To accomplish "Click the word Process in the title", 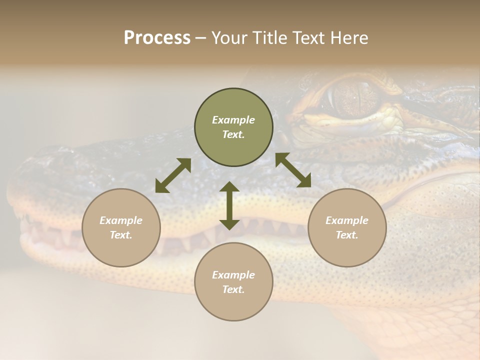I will (x=157, y=38).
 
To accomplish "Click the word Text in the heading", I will (x=306, y=38).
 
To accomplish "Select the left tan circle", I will (x=121, y=227).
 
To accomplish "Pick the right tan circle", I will (x=347, y=227).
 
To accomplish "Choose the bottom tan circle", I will (x=233, y=282).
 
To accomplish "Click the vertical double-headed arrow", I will (x=229, y=205).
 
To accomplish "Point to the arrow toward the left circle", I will (x=173, y=175).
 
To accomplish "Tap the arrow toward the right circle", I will (x=293, y=170).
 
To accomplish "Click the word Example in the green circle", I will (x=233, y=120).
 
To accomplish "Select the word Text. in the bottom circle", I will (x=233, y=289).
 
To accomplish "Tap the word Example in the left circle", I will (x=121, y=220).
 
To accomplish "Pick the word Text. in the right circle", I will (x=347, y=235).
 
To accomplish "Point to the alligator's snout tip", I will (x=22, y=195).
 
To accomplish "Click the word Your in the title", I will (x=227, y=38).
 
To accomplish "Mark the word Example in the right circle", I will (x=347, y=220).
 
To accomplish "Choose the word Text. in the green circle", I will (x=233, y=134).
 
